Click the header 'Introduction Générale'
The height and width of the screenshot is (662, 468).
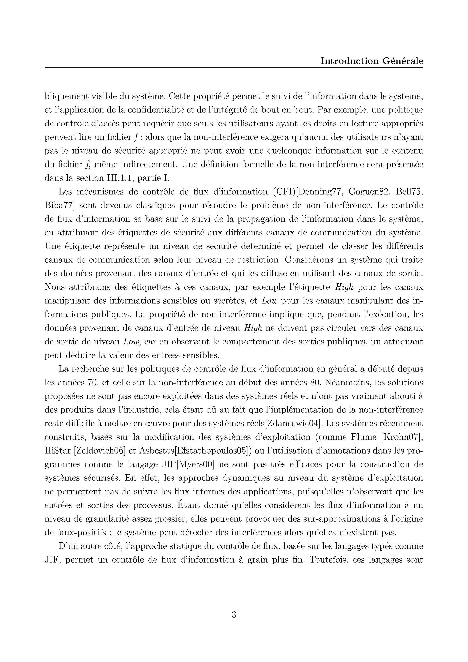[x=372, y=61]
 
